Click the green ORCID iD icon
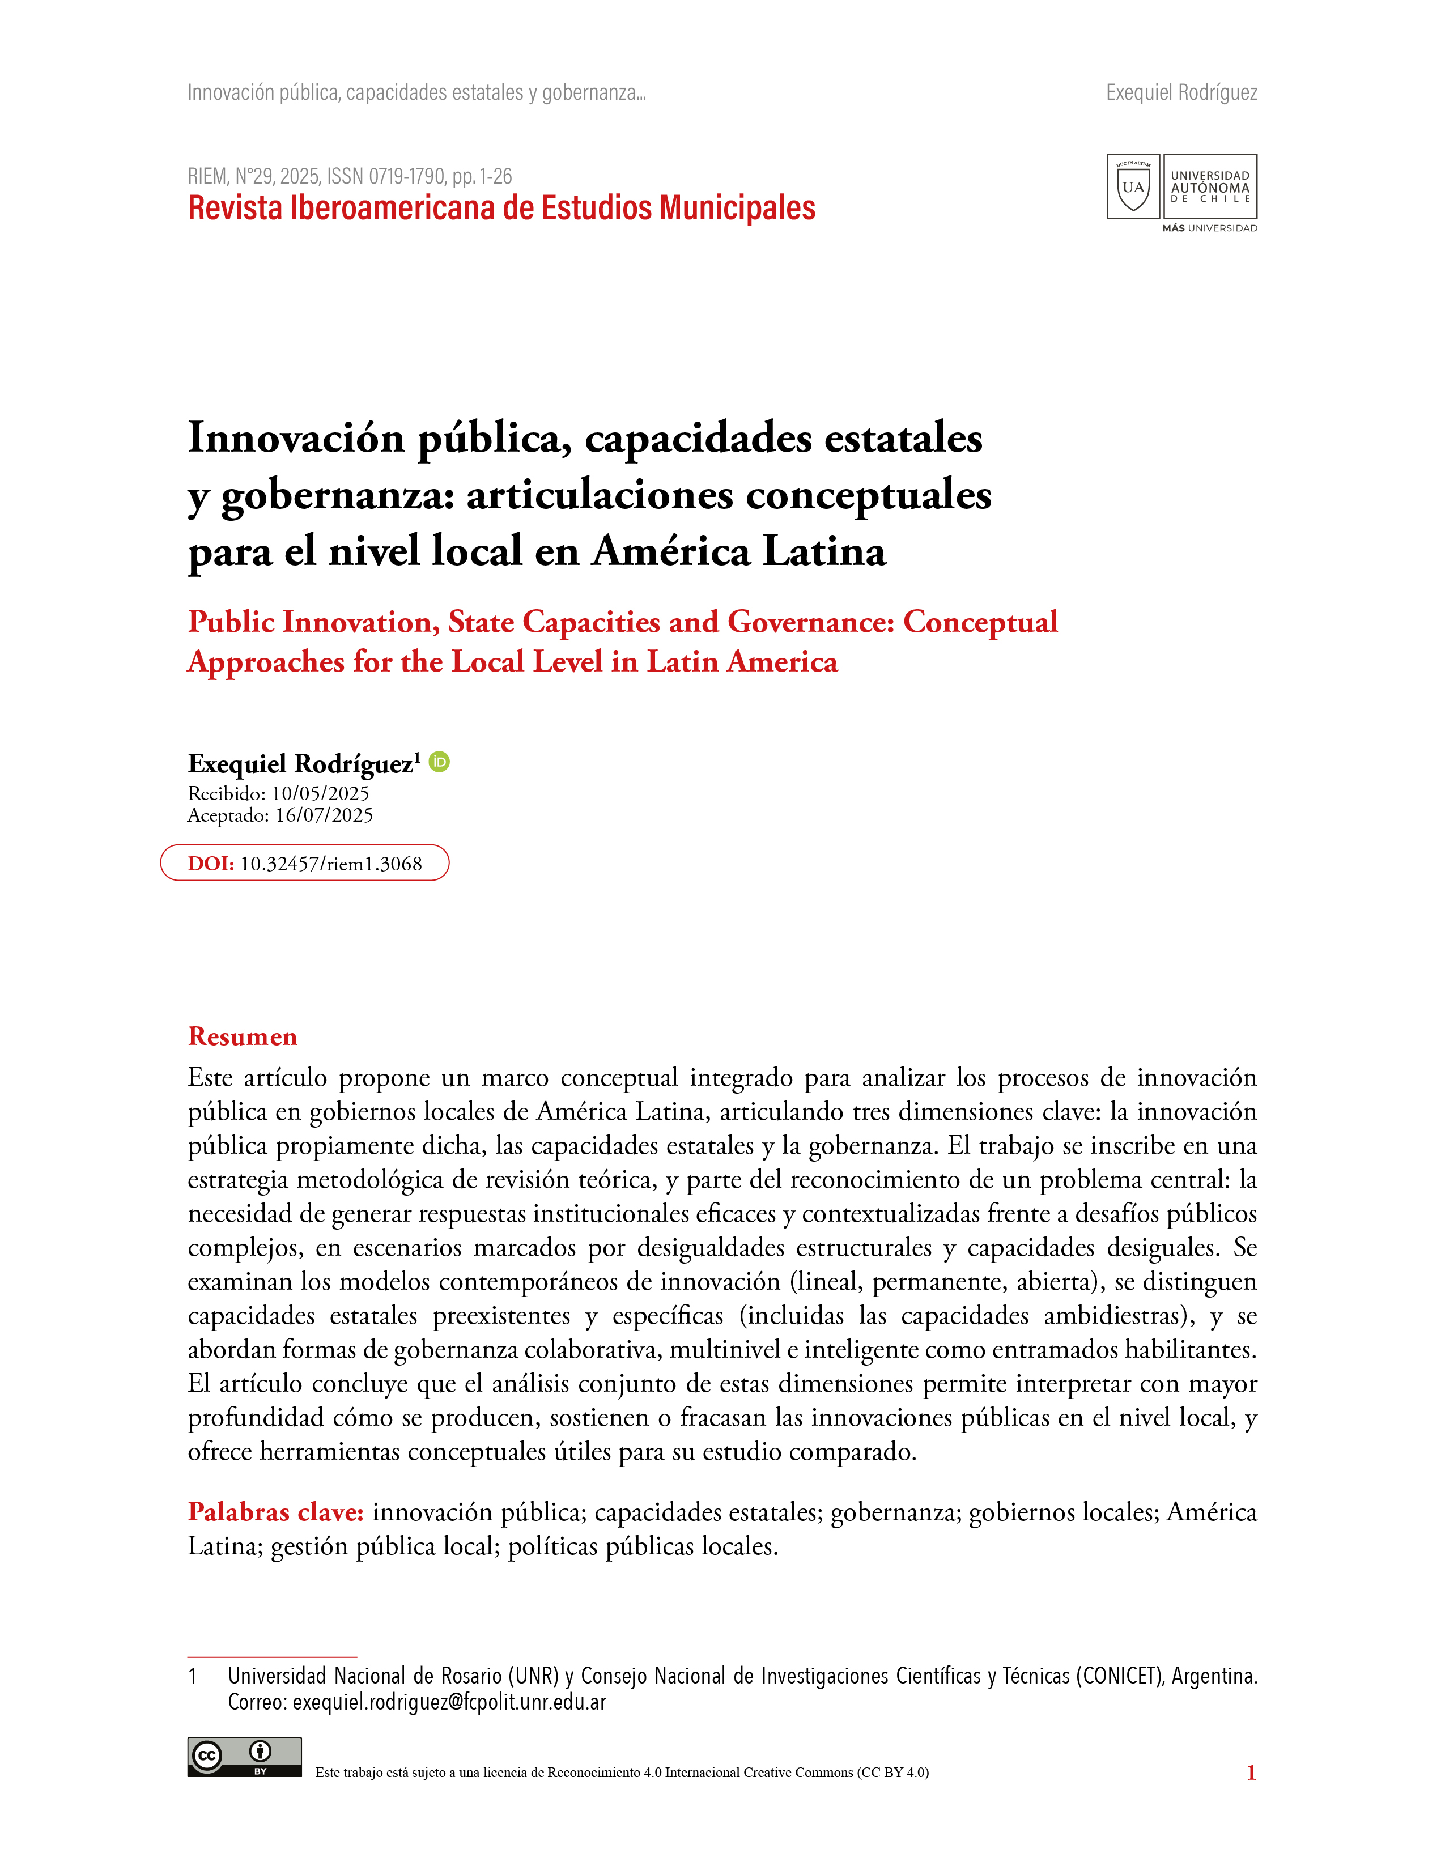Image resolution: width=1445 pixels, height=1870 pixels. point(439,761)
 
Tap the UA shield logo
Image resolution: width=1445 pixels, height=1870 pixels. point(1133,186)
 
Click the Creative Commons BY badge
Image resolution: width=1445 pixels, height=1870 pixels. point(244,1757)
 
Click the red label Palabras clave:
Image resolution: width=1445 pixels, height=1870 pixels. point(275,1512)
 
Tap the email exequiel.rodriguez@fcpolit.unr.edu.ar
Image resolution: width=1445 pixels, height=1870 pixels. point(449,1702)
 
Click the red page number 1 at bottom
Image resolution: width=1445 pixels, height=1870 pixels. point(1251,1773)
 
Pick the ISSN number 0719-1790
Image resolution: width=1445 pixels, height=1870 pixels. point(407,176)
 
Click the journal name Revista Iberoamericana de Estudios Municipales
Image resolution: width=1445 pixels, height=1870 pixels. point(501,208)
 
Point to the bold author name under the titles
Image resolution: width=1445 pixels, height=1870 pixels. point(300,764)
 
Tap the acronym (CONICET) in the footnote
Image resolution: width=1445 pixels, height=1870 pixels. point(1119,1676)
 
